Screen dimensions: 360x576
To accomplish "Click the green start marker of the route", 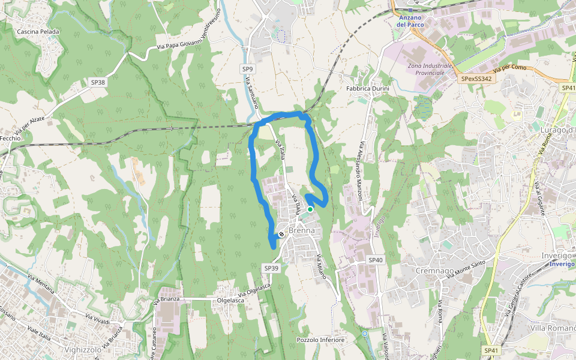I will pos(310,209).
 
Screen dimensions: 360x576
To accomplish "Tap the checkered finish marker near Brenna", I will pos(281,234).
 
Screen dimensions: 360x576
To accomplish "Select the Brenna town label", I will pos(301,230).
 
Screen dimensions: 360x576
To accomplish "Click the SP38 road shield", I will pos(97,82).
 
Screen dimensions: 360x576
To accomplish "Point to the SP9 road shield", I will pos(248,69).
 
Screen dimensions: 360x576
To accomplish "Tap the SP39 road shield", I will pos(271,268).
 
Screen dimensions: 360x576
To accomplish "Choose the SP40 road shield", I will pos(375,260).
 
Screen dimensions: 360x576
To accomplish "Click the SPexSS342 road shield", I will pos(476,79).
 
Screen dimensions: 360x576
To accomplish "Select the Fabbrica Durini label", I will pos(368,89).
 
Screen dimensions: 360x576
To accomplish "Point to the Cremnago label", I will pos(435,271).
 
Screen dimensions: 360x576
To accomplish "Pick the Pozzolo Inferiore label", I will pos(320,340).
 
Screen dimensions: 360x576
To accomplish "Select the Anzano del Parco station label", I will pos(410,21).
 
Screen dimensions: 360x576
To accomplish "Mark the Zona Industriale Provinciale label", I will pos(430,69).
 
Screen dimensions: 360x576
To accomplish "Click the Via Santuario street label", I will pos(251,95).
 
